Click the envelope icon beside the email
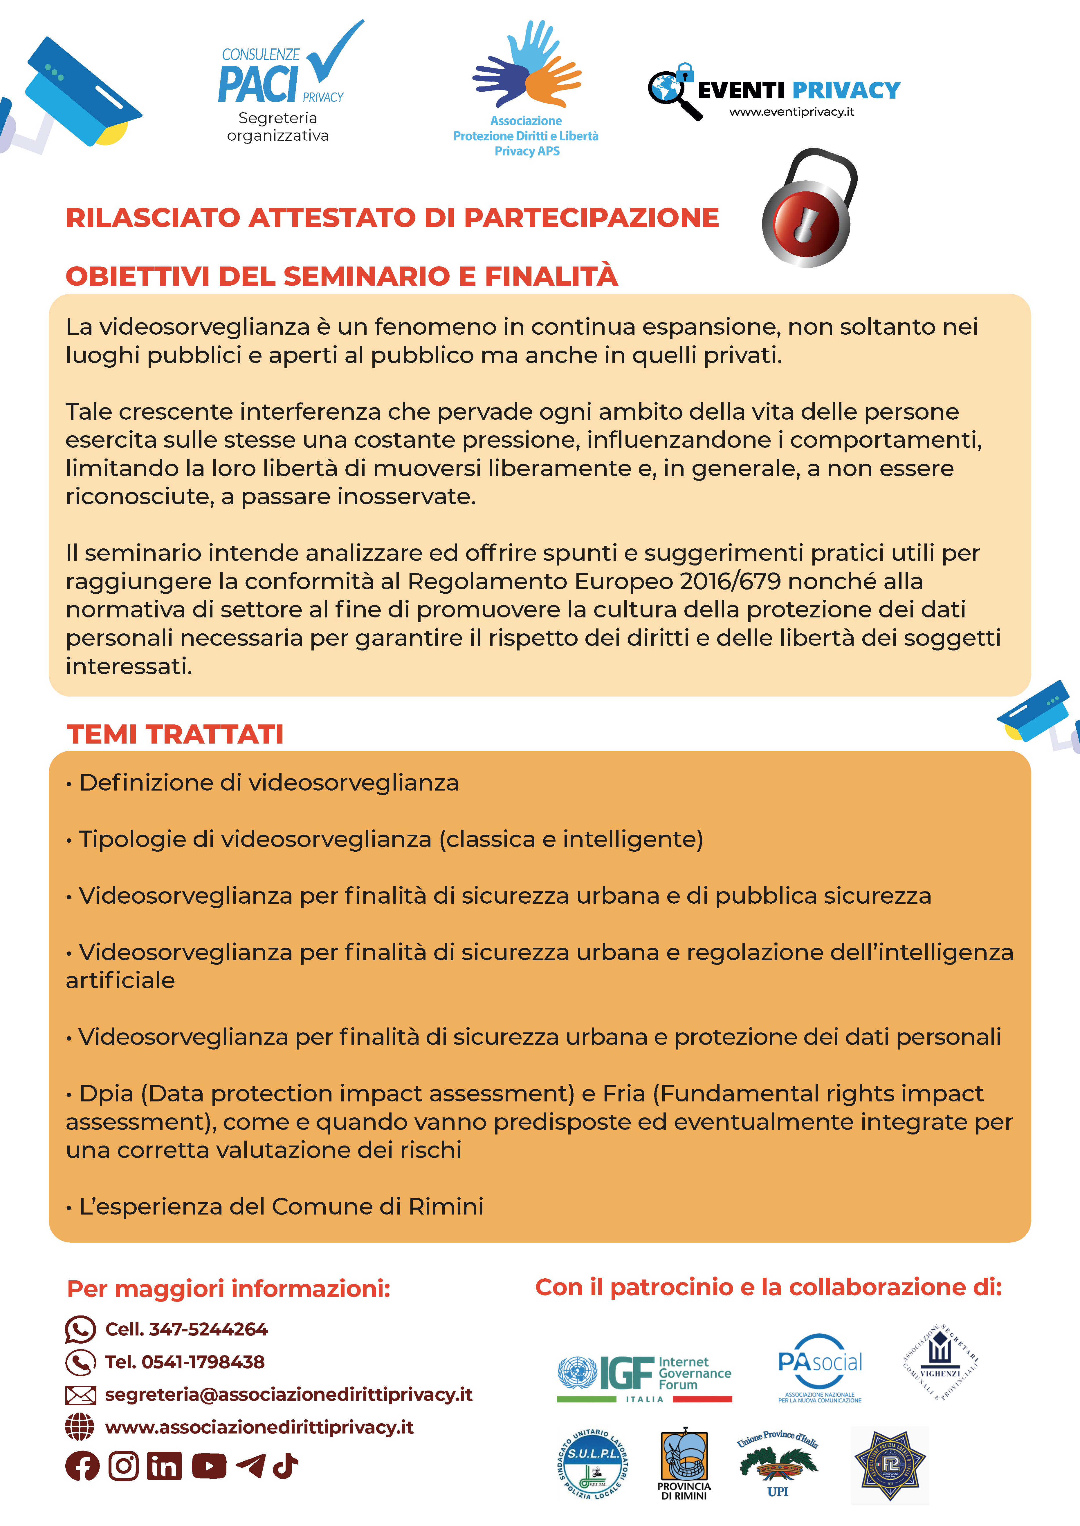pyautogui.click(x=80, y=1395)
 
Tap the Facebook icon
pyautogui.click(x=82, y=1466)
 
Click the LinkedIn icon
pyautogui.click(x=164, y=1466)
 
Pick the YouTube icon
pyautogui.click(x=209, y=1466)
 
